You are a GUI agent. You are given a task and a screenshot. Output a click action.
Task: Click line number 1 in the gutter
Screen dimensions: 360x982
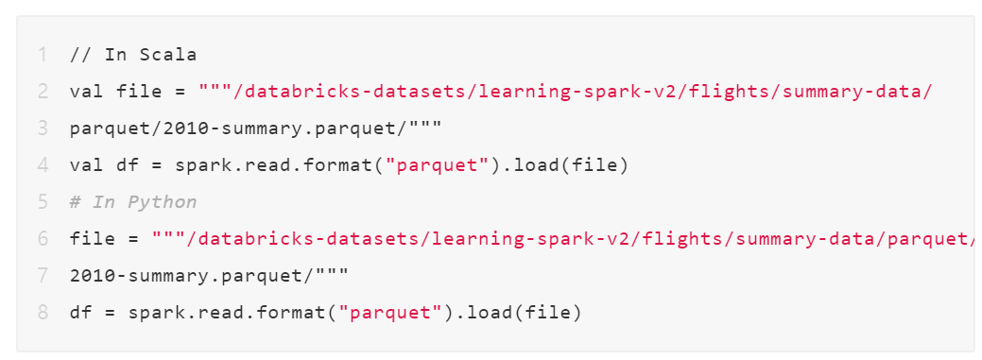(x=43, y=54)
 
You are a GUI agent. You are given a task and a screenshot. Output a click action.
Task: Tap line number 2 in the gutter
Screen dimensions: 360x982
(x=43, y=92)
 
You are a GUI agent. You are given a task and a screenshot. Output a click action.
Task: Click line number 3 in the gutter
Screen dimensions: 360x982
(x=43, y=129)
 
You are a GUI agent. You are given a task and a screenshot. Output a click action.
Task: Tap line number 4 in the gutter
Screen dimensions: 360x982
(x=43, y=165)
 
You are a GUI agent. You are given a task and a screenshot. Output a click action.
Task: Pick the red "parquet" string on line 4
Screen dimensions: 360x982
(x=437, y=165)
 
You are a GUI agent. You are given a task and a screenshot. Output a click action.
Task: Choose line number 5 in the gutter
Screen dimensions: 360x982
(x=43, y=202)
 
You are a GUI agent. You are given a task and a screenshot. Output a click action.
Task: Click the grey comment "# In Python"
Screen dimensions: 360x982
(x=133, y=202)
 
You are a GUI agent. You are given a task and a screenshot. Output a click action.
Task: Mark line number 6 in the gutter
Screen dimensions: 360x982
(x=43, y=239)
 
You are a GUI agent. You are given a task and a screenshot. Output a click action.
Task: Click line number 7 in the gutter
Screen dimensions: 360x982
(x=43, y=276)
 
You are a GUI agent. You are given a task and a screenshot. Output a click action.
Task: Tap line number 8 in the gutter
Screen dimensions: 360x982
(x=43, y=313)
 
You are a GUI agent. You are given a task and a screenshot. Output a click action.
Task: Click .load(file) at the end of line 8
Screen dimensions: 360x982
(x=519, y=313)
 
